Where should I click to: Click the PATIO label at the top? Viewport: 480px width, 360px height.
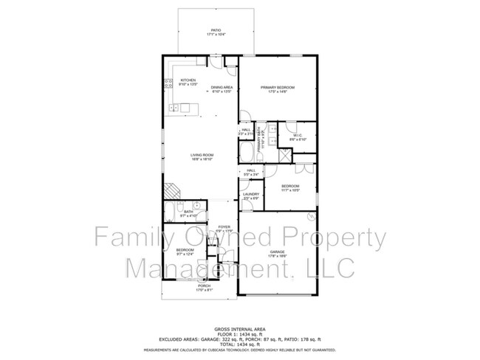tap(216, 30)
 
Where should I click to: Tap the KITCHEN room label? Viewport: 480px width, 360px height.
tap(187, 80)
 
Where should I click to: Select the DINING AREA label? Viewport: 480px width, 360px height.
tap(222, 88)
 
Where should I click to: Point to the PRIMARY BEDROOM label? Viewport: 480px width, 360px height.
tap(278, 88)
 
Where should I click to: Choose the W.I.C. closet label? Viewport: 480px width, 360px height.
tap(298, 136)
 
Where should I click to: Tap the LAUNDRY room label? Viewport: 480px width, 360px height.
tap(251, 194)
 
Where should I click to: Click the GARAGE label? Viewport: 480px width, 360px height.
tap(277, 252)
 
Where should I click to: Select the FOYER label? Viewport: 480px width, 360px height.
tap(224, 226)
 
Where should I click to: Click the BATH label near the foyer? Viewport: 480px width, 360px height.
tap(188, 212)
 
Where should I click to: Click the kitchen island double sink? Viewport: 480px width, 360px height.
tap(175, 108)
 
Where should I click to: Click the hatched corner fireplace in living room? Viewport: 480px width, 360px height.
tap(171, 190)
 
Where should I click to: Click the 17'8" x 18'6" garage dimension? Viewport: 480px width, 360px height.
tap(277, 256)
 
